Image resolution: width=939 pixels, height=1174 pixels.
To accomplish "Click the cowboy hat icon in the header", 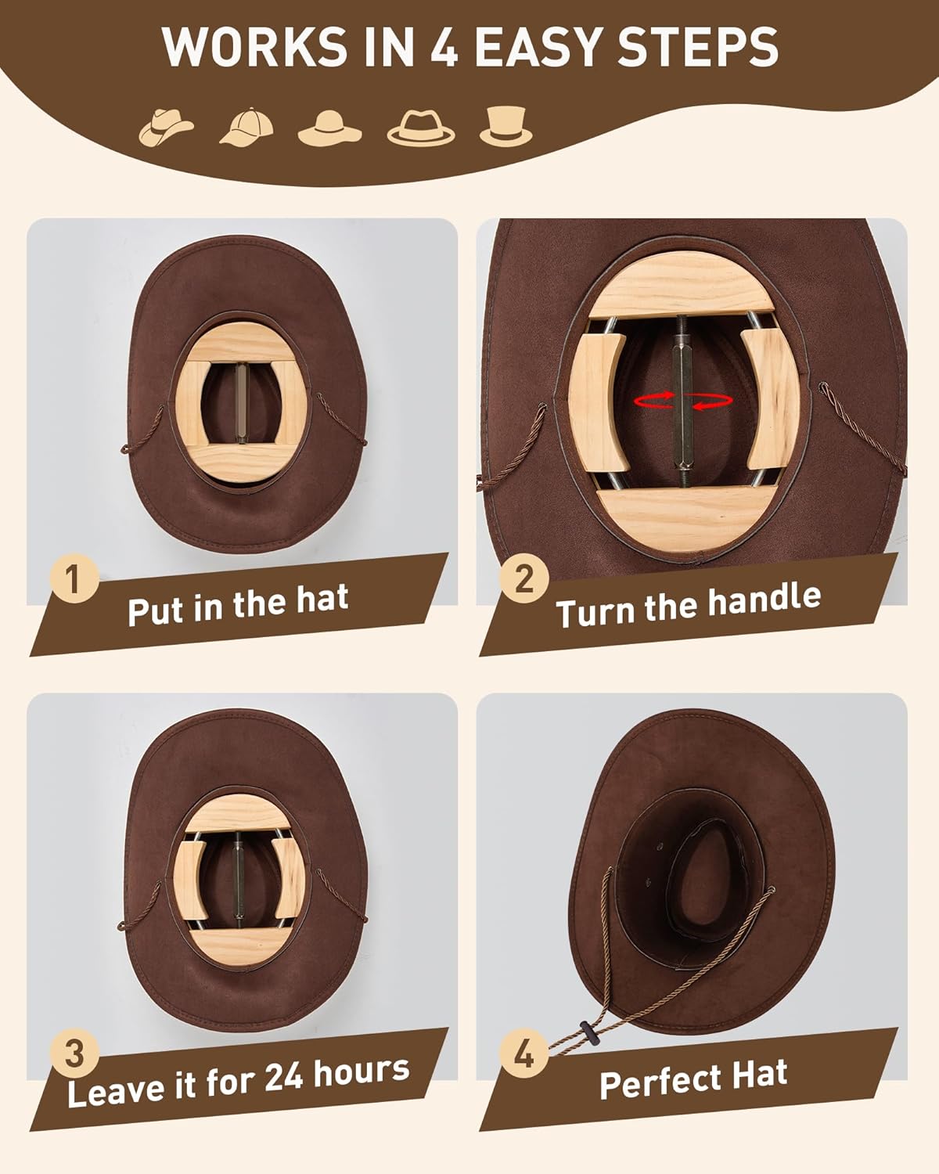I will [x=167, y=126].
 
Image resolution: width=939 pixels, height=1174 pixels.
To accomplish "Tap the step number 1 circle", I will [x=74, y=581].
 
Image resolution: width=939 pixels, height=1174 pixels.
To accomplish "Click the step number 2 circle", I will [x=524, y=579].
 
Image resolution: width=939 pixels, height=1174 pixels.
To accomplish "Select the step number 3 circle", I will [x=74, y=1053].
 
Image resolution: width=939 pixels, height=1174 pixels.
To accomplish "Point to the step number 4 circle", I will [x=523, y=1053].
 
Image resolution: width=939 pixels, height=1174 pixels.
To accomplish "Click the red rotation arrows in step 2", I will [x=684, y=401].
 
